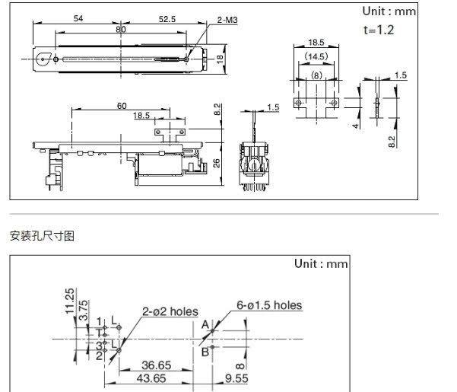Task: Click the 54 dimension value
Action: point(79,18)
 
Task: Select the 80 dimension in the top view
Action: point(121,30)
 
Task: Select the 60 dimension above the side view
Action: point(122,106)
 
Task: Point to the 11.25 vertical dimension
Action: point(71,301)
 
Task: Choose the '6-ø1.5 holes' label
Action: point(268,306)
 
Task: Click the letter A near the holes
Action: point(205,324)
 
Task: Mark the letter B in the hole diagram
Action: point(205,352)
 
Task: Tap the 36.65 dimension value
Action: point(159,365)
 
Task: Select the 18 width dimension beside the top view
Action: point(218,58)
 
